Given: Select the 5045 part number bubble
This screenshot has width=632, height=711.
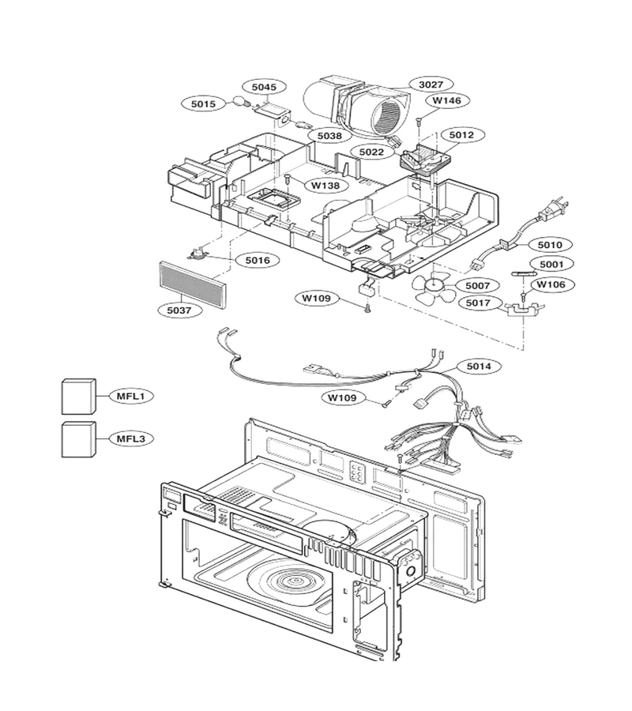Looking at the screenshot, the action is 264,87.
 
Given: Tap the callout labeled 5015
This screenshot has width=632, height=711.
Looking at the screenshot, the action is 203,103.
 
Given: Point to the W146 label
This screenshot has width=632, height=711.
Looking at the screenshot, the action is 446,100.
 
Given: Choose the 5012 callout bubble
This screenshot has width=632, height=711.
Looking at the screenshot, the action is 461,134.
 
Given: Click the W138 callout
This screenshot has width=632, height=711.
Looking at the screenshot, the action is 325,185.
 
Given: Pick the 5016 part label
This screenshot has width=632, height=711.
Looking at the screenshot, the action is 258,260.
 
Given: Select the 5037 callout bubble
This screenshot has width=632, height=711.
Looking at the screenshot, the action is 179,310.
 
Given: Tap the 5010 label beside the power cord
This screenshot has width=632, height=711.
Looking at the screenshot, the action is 550,245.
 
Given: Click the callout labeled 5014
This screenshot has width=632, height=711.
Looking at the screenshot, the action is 479,366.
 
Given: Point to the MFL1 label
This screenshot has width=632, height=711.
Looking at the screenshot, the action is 130,396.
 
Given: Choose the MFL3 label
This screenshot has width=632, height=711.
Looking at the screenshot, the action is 130,438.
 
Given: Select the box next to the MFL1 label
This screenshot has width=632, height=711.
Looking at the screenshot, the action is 79,396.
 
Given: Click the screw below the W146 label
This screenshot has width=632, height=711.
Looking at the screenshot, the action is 419,121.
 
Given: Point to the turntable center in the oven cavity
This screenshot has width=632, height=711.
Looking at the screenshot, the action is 295,581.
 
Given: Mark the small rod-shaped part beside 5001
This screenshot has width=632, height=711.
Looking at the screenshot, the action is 524,273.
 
